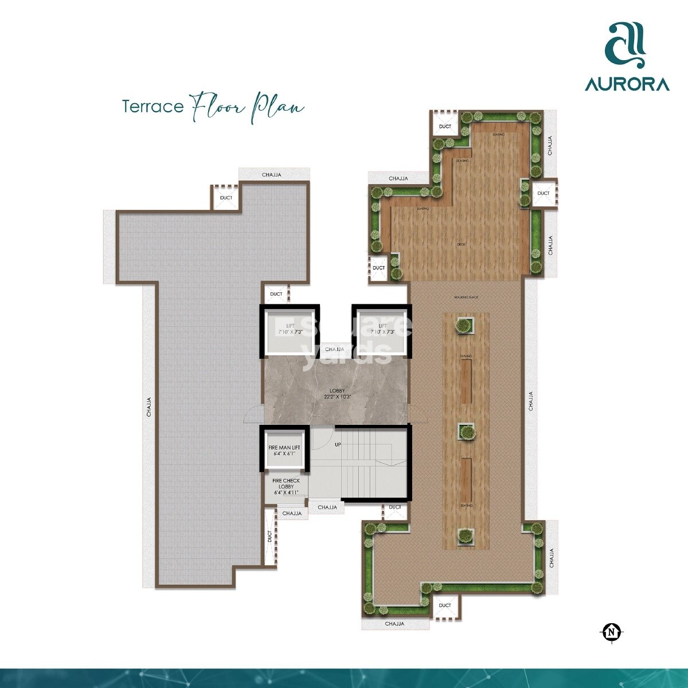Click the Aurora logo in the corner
coord(627,58)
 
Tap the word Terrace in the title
coord(153,107)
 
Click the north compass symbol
coord(612,632)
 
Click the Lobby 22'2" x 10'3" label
coord(337,394)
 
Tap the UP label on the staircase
coord(338,444)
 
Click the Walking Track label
coord(466,297)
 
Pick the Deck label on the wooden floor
coord(461,245)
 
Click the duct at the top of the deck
coord(445,126)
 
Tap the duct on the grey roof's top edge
coord(226,198)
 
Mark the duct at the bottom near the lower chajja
coord(445,605)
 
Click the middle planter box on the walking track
coord(466,432)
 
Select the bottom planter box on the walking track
coord(466,536)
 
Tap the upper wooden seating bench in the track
coord(466,381)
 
